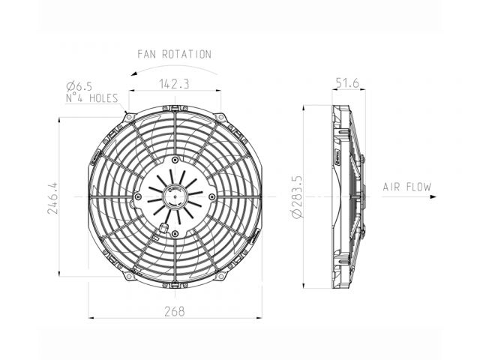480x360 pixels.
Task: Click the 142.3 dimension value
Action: [x=175, y=83]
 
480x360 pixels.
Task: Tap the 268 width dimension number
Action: [x=175, y=311]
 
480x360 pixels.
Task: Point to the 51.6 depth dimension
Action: [x=347, y=83]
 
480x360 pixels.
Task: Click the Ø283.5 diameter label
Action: [x=297, y=196]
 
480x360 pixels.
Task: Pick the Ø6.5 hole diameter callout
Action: [x=79, y=87]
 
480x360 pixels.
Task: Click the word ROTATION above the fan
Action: [x=187, y=54]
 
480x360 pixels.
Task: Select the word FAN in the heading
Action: [x=147, y=54]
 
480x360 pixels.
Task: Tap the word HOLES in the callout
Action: [x=103, y=98]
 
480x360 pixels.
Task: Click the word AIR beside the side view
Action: [x=391, y=187]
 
